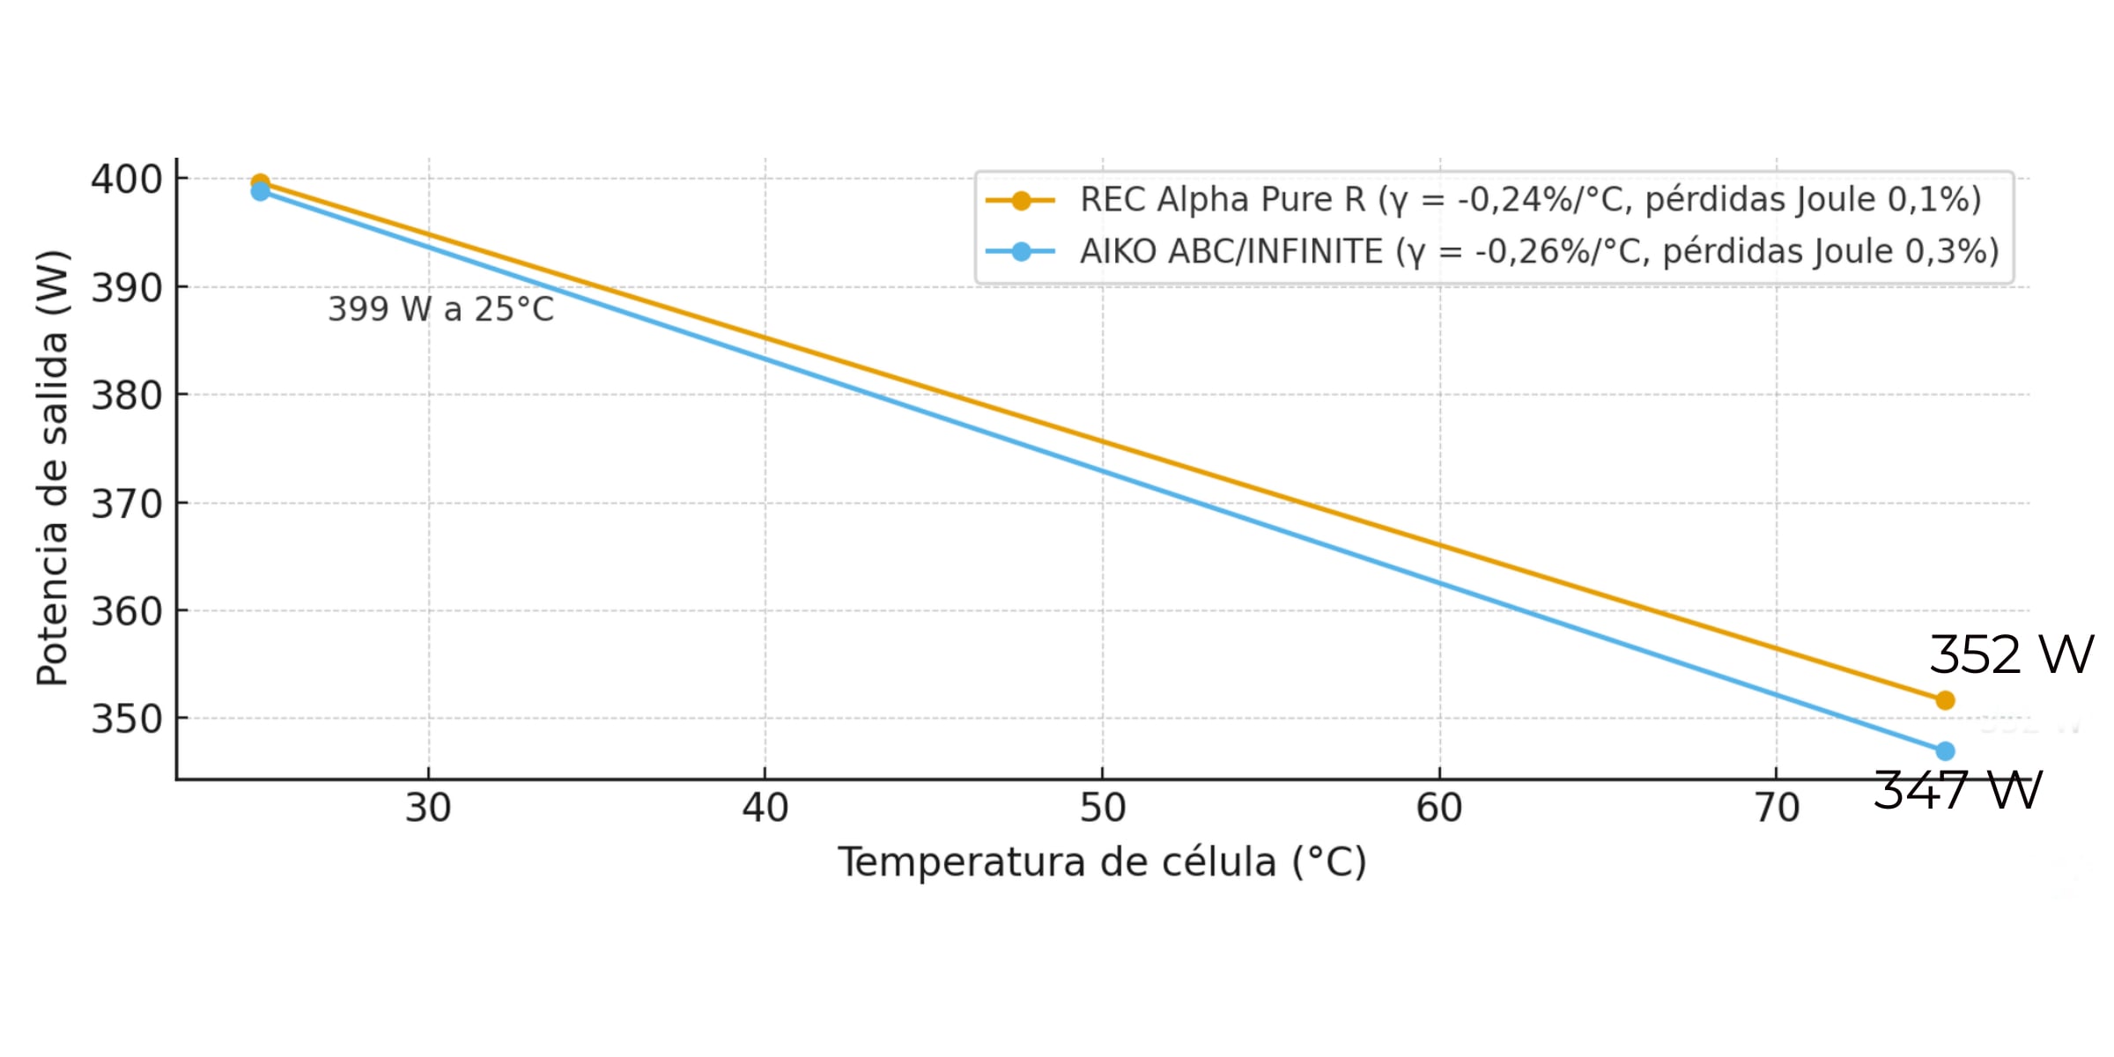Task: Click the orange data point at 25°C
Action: (260, 182)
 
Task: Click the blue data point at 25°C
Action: (260, 191)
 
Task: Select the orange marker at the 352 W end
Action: (1945, 700)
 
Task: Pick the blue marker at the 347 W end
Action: (1945, 751)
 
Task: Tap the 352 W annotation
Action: (2011, 655)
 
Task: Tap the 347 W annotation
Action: (1957, 790)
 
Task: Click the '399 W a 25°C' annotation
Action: (440, 309)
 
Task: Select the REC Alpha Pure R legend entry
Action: (1530, 200)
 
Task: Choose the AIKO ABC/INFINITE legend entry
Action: (1539, 252)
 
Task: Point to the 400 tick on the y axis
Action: (127, 180)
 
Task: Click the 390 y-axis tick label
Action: (127, 288)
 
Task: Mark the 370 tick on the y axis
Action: (127, 505)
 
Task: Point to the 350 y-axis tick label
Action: (127, 720)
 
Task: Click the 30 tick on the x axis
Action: (428, 808)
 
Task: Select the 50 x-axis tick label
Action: (1102, 808)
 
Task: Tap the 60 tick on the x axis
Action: (1439, 808)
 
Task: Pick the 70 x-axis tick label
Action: (1777, 808)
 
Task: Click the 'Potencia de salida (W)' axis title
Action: (52, 468)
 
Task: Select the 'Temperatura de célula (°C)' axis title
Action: (1102, 862)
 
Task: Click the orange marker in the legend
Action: (1021, 201)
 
